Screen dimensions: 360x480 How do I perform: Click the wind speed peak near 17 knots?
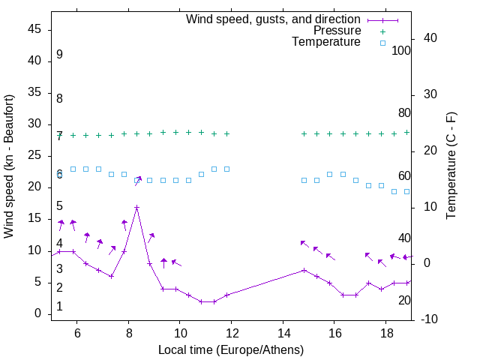tap(136, 207)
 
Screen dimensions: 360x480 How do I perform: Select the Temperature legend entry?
tap(326, 43)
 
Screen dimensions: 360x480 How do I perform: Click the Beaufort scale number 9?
tap(59, 55)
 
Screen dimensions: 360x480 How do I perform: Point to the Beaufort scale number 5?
tap(59, 206)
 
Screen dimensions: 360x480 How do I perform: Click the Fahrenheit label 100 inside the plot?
tap(401, 50)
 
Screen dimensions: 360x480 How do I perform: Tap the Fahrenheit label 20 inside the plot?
tap(404, 300)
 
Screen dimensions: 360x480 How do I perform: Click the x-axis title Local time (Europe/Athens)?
tap(231, 350)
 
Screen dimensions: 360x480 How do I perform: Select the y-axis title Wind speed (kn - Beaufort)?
tap(9, 166)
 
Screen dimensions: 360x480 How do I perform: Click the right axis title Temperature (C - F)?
tap(451, 166)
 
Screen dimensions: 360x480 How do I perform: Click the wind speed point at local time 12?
tap(227, 295)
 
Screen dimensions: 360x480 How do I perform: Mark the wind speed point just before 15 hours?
tap(304, 270)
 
